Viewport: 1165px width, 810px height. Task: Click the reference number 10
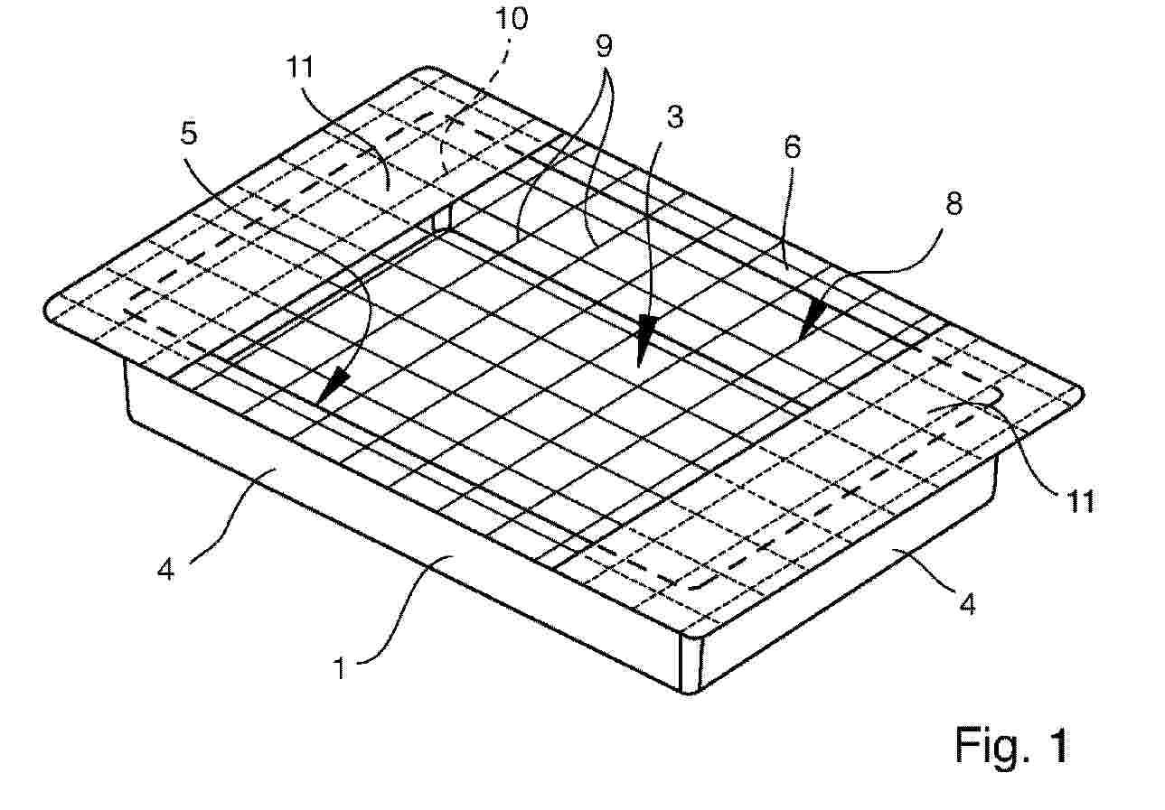coord(511,19)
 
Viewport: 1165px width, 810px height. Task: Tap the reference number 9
coord(604,46)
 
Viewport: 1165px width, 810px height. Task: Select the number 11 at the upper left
coord(300,67)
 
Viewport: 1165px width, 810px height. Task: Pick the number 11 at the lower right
coord(1081,502)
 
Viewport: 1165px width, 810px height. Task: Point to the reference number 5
coord(189,133)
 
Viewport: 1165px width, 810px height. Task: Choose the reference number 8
coord(954,204)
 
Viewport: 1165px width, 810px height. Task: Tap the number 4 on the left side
coord(166,570)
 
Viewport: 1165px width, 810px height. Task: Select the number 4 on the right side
coord(967,604)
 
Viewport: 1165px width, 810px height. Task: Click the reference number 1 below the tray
coord(340,667)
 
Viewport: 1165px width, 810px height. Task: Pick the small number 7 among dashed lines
coord(447,125)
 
